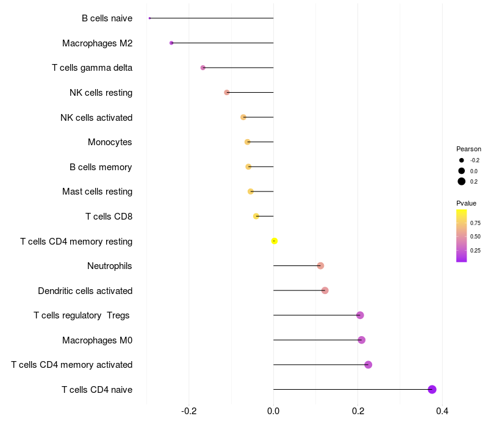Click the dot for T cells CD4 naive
point(432,389)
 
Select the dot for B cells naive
point(149,18)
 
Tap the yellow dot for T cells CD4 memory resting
point(274,241)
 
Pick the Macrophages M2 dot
point(171,43)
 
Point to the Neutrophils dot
point(320,265)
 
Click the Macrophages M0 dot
point(362,340)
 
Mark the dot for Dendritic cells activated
point(325,290)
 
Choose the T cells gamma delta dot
point(203,68)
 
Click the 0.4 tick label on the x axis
point(442,411)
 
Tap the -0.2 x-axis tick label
point(189,411)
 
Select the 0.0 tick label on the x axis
point(273,411)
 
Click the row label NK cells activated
point(96,117)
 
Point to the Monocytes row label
point(110,142)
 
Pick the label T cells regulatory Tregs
point(82,315)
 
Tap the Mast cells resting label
point(97,192)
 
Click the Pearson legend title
point(468,149)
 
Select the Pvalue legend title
point(466,203)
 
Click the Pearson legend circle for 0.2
point(462,181)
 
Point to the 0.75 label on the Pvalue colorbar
point(475,223)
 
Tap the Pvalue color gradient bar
point(462,235)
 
